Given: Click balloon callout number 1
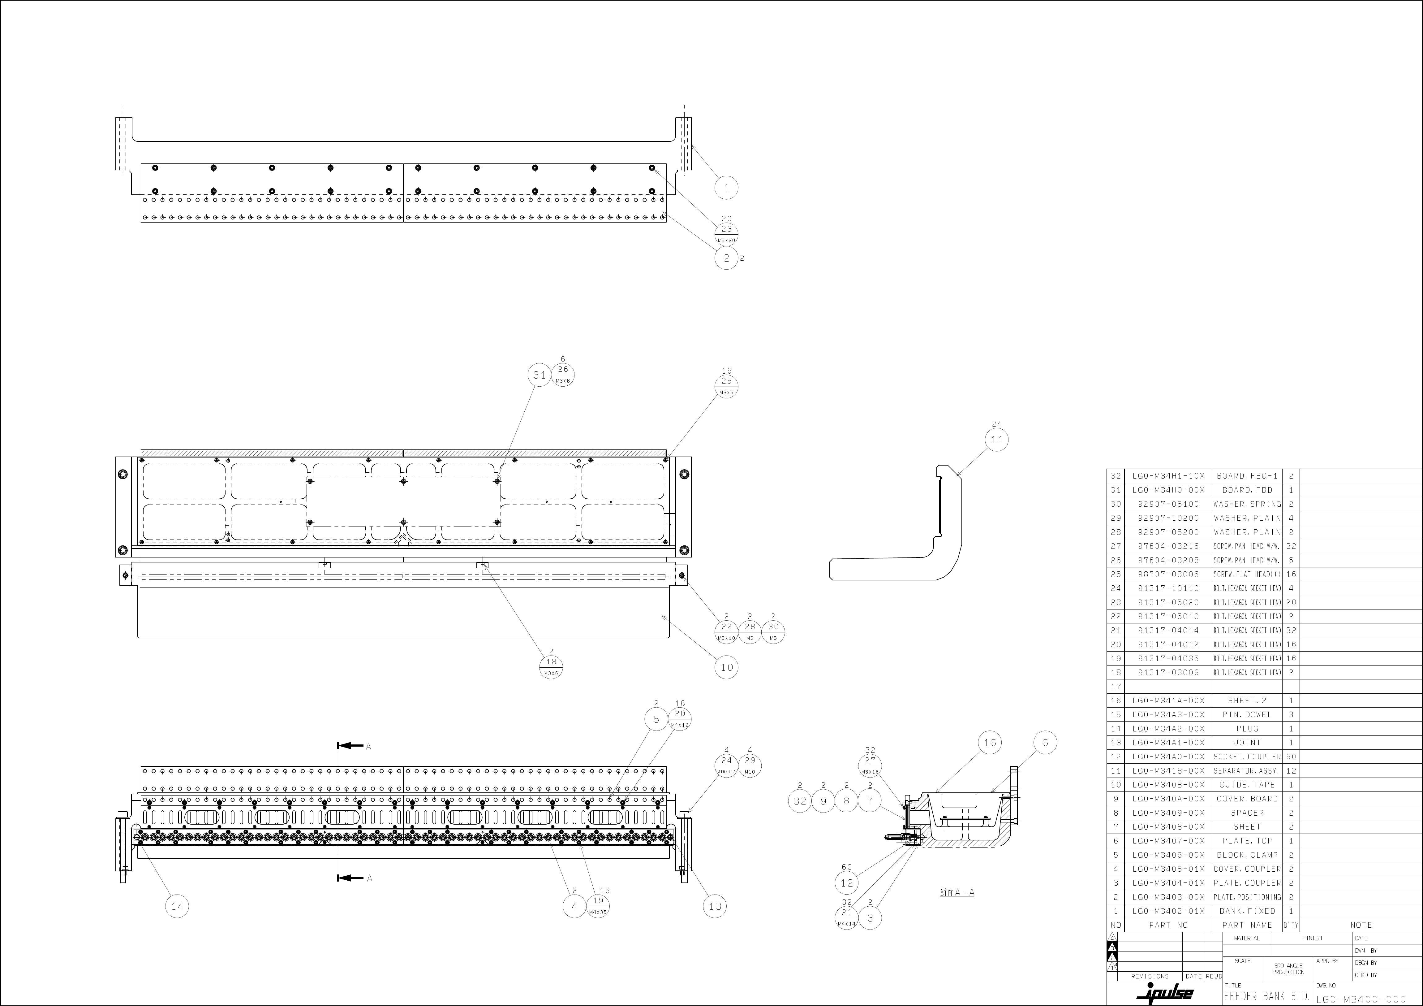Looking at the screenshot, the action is [x=726, y=187].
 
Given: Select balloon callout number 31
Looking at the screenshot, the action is [x=539, y=375].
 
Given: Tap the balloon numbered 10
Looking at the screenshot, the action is [x=726, y=667].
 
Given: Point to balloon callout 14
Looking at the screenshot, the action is [x=177, y=906].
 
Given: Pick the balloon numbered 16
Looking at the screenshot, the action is [x=990, y=742].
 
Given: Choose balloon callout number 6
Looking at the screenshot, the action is [x=1045, y=742].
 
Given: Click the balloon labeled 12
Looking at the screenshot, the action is [x=847, y=882].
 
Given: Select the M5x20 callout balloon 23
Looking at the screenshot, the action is [x=726, y=229].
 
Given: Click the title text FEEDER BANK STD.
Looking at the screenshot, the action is [x=1267, y=996].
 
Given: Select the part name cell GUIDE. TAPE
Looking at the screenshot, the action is [x=1247, y=785].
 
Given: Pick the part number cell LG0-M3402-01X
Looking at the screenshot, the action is [x=1168, y=911].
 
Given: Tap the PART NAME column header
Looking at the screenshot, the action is [x=1247, y=925].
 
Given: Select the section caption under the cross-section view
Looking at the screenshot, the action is [x=957, y=892].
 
